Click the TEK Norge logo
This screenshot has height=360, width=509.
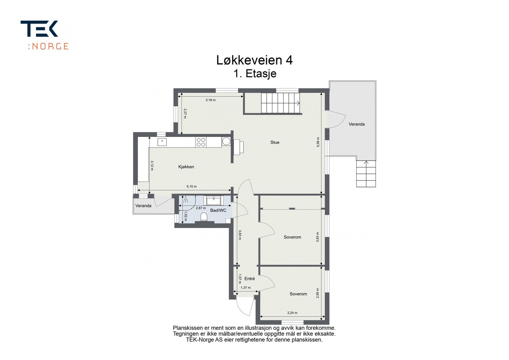point(44,35)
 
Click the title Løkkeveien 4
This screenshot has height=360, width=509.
point(254,60)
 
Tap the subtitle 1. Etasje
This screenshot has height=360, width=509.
point(254,73)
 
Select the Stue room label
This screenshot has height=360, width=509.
point(275,142)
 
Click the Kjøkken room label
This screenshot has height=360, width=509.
point(186,167)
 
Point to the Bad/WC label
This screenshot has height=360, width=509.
point(218,210)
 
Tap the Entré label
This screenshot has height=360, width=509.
point(249,279)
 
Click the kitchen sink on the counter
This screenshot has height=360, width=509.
point(162,142)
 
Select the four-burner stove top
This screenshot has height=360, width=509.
point(201,142)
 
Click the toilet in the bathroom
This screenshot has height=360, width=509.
point(204,217)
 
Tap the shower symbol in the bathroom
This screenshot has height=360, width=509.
point(186,200)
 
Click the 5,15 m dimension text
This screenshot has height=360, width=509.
point(192,187)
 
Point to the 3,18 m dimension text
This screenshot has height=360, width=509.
point(210,100)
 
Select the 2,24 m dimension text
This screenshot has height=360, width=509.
point(292,313)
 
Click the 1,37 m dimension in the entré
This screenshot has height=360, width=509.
point(246,287)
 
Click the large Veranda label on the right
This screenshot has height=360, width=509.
point(356,124)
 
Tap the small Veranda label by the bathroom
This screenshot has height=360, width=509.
point(143,206)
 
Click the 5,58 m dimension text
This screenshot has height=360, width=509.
point(318,142)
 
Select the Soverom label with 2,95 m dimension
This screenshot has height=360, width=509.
point(298,294)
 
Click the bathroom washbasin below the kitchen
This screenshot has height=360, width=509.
point(214,200)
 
